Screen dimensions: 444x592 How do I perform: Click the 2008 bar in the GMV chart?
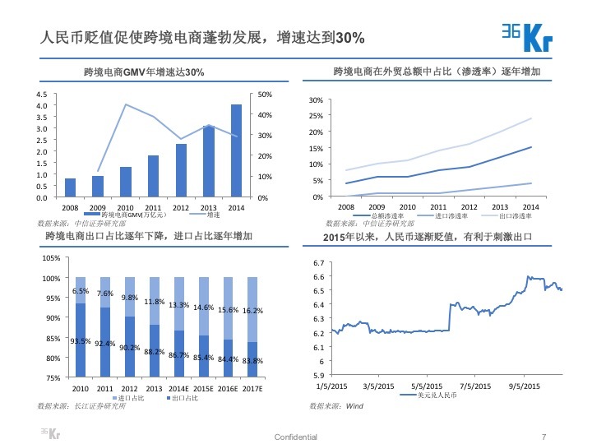[70, 187]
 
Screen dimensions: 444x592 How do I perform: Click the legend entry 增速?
[213, 215]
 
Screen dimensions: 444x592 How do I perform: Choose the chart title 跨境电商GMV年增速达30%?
[144, 73]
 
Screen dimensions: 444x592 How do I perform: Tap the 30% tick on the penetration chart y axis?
[317, 100]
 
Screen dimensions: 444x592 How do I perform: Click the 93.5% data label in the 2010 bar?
[81, 341]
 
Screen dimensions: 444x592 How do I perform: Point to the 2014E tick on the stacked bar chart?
[180, 388]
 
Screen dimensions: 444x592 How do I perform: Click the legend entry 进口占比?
[132, 398]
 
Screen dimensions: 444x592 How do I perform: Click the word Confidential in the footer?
[295, 437]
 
